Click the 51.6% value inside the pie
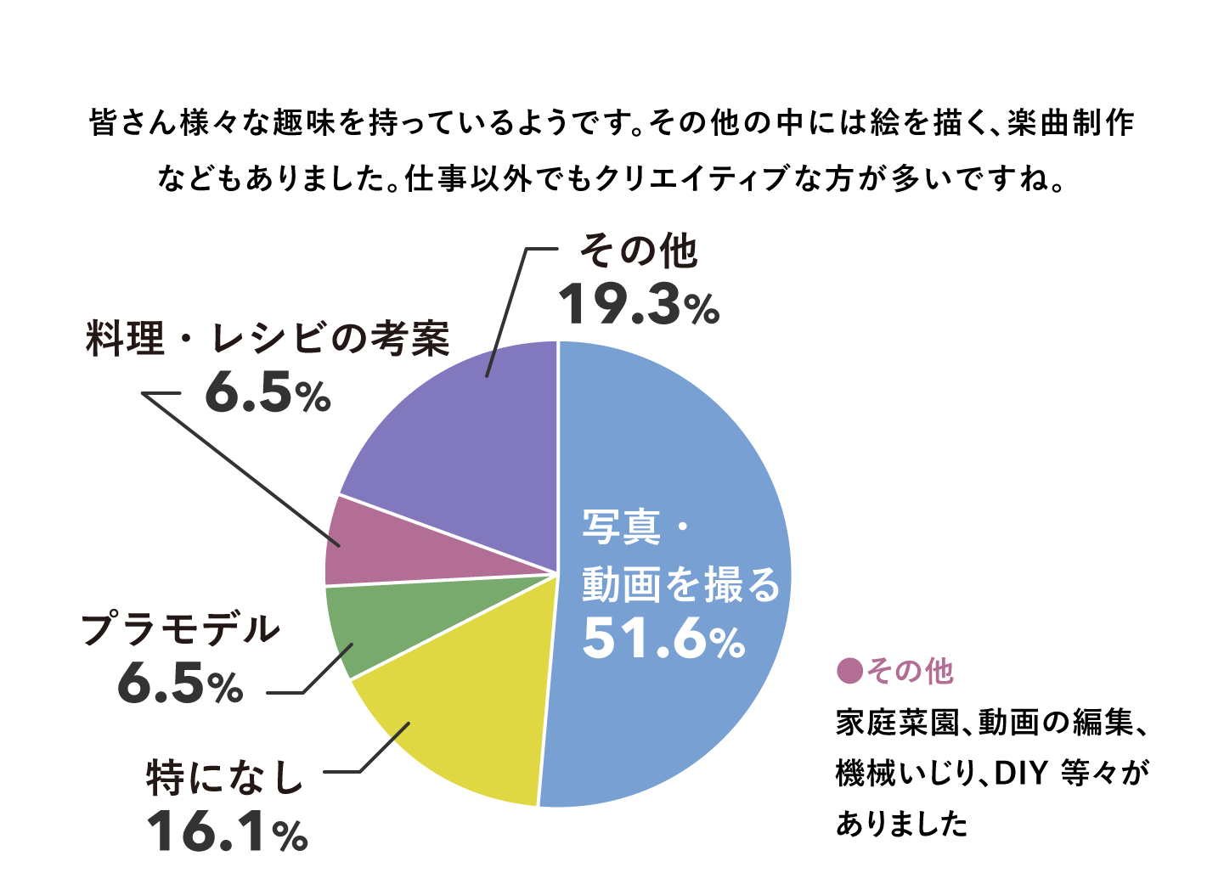(x=663, y=639)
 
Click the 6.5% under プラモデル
(x=180, y=684)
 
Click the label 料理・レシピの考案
(x=268, y=339)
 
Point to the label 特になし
(x=225, y=777)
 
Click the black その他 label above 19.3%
(x=639, y=251)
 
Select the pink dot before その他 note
(x=849, y=671)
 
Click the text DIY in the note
(x=1018, y=774)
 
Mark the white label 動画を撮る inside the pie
(x=680, y=584)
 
